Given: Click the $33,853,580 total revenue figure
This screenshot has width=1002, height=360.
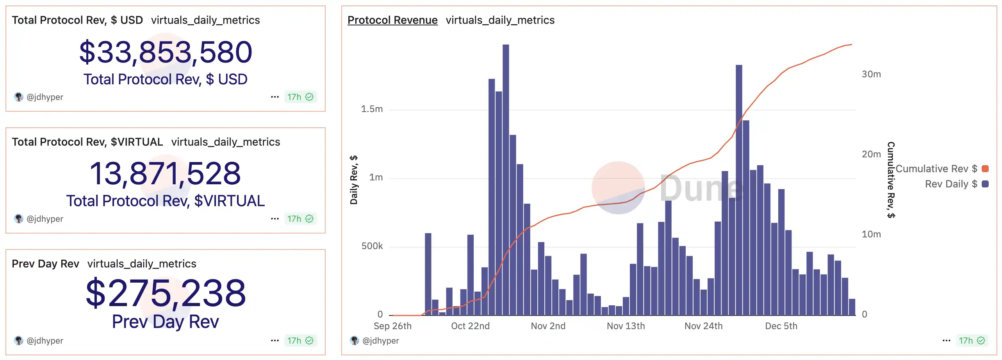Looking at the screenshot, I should [x=166, y=52].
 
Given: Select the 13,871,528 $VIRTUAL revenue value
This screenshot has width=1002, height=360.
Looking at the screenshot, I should [x=166, y=174].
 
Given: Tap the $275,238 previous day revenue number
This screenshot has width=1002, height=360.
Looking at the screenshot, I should [x=166, y=293].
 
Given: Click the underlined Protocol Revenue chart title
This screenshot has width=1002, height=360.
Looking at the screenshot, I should [x=392, y=20].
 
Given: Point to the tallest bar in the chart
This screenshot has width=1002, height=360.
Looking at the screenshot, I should [x=505, y=180].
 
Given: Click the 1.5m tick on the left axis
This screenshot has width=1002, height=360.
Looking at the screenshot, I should [x=371, y=109].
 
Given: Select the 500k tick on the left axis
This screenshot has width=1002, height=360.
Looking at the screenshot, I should [x=372, y=246].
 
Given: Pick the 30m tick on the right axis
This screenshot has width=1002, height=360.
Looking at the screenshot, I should [x=871, y=74].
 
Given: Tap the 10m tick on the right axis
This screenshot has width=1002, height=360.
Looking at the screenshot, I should [x=871, y=234].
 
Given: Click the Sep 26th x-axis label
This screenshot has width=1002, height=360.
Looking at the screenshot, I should [x=392, y=326].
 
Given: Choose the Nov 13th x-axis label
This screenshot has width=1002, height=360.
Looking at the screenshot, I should [x=626, y=326].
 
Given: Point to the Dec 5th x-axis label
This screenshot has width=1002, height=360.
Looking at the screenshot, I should [x=781, y=326].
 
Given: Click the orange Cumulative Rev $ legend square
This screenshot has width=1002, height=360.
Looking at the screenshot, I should [x=985, y=169].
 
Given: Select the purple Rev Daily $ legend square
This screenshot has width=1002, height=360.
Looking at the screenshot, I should [x=985, y=184].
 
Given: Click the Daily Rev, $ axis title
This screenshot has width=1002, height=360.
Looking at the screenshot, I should [x=354, y=180].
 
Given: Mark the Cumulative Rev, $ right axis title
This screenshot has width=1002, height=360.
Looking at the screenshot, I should [x=891, y=180].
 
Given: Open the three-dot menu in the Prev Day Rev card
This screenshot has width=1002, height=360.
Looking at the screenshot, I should [x=275, y=340].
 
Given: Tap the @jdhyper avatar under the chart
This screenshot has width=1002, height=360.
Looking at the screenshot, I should [x=355, y=340].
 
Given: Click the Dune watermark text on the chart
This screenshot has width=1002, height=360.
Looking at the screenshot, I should [x=701, y=189].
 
